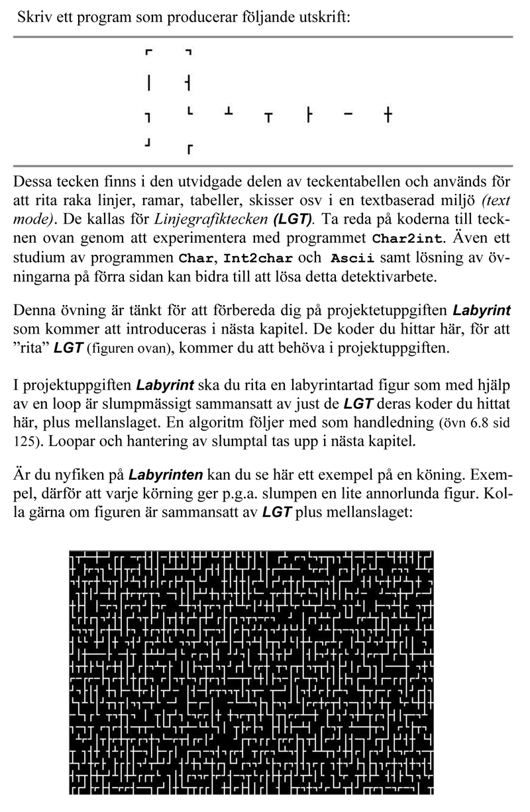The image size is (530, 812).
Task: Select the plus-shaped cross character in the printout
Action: (x=388, y=116)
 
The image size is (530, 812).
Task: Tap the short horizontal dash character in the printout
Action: (x=348, y=115)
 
